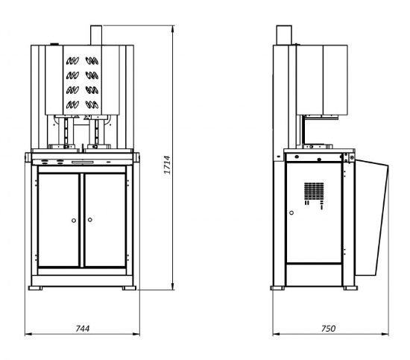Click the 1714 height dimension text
(x=167, y=165)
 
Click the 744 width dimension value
(x=82, y=329)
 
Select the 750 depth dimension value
(x=328, y=329)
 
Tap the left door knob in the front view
(x=74, y=221)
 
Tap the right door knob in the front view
(x=90, y=220)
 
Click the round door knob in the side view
(x=291, y=213)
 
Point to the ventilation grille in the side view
(x=314, y=190)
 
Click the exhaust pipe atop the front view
(x=96, y=35)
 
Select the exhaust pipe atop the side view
(x=284, y=35)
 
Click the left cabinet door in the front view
(x=59, y=220)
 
